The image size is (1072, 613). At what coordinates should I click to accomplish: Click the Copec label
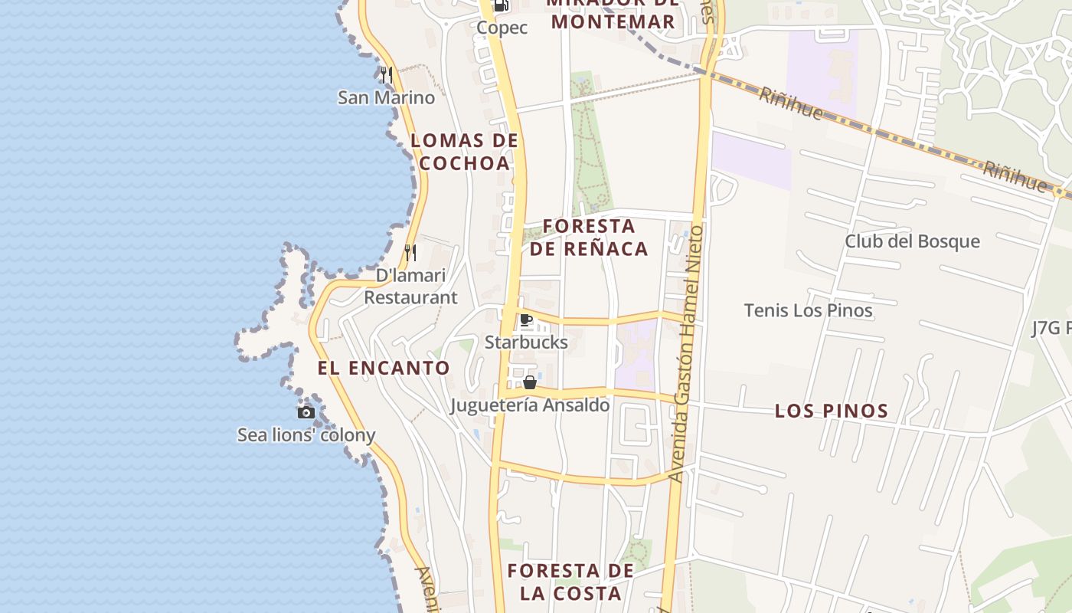pos(502,28)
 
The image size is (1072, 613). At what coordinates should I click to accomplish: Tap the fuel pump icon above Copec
pos(501,5)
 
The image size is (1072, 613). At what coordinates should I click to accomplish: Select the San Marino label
pos(386,98)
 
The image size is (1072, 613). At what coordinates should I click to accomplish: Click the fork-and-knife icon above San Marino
pos(387,75)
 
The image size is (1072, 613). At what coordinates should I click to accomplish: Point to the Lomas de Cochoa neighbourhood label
pos(465,152)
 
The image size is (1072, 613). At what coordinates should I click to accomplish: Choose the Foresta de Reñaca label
pos(589,238)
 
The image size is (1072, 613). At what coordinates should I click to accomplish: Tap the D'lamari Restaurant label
pos(410,287)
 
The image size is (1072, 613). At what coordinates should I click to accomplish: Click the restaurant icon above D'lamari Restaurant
pos(410,252)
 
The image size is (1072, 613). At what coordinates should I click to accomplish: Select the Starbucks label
pos(526,343)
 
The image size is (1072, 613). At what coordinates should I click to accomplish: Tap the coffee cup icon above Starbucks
pos(526,320)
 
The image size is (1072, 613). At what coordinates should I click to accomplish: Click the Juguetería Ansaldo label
pos(530,405)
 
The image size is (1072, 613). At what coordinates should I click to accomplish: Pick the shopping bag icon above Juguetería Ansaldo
pos(529,382)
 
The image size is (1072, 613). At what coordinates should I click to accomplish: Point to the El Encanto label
pos(384,368)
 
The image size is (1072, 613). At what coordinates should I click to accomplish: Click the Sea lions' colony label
pos(306,435)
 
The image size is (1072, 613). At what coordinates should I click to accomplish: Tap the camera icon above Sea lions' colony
pos(306,412)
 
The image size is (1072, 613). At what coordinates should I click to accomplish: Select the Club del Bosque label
pos(912,241)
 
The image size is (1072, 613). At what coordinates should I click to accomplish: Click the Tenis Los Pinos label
pos(808,310)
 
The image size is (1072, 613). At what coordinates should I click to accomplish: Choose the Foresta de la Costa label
pos(570,582)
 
